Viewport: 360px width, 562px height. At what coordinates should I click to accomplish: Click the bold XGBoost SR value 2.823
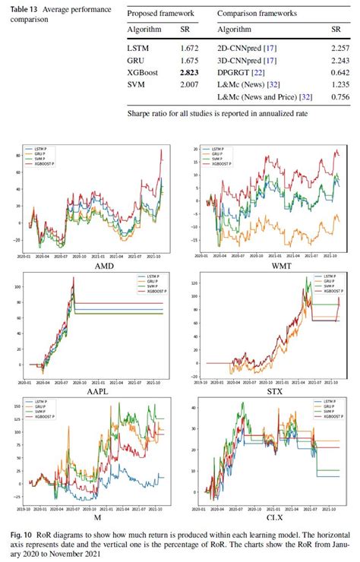tap(188, 73)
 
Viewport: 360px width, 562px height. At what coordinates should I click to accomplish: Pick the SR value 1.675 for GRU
tap(188, 59)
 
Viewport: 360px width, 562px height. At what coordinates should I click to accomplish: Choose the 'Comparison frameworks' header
tap(257, 14)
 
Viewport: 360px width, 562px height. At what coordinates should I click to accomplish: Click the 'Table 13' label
tap(21, 10)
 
